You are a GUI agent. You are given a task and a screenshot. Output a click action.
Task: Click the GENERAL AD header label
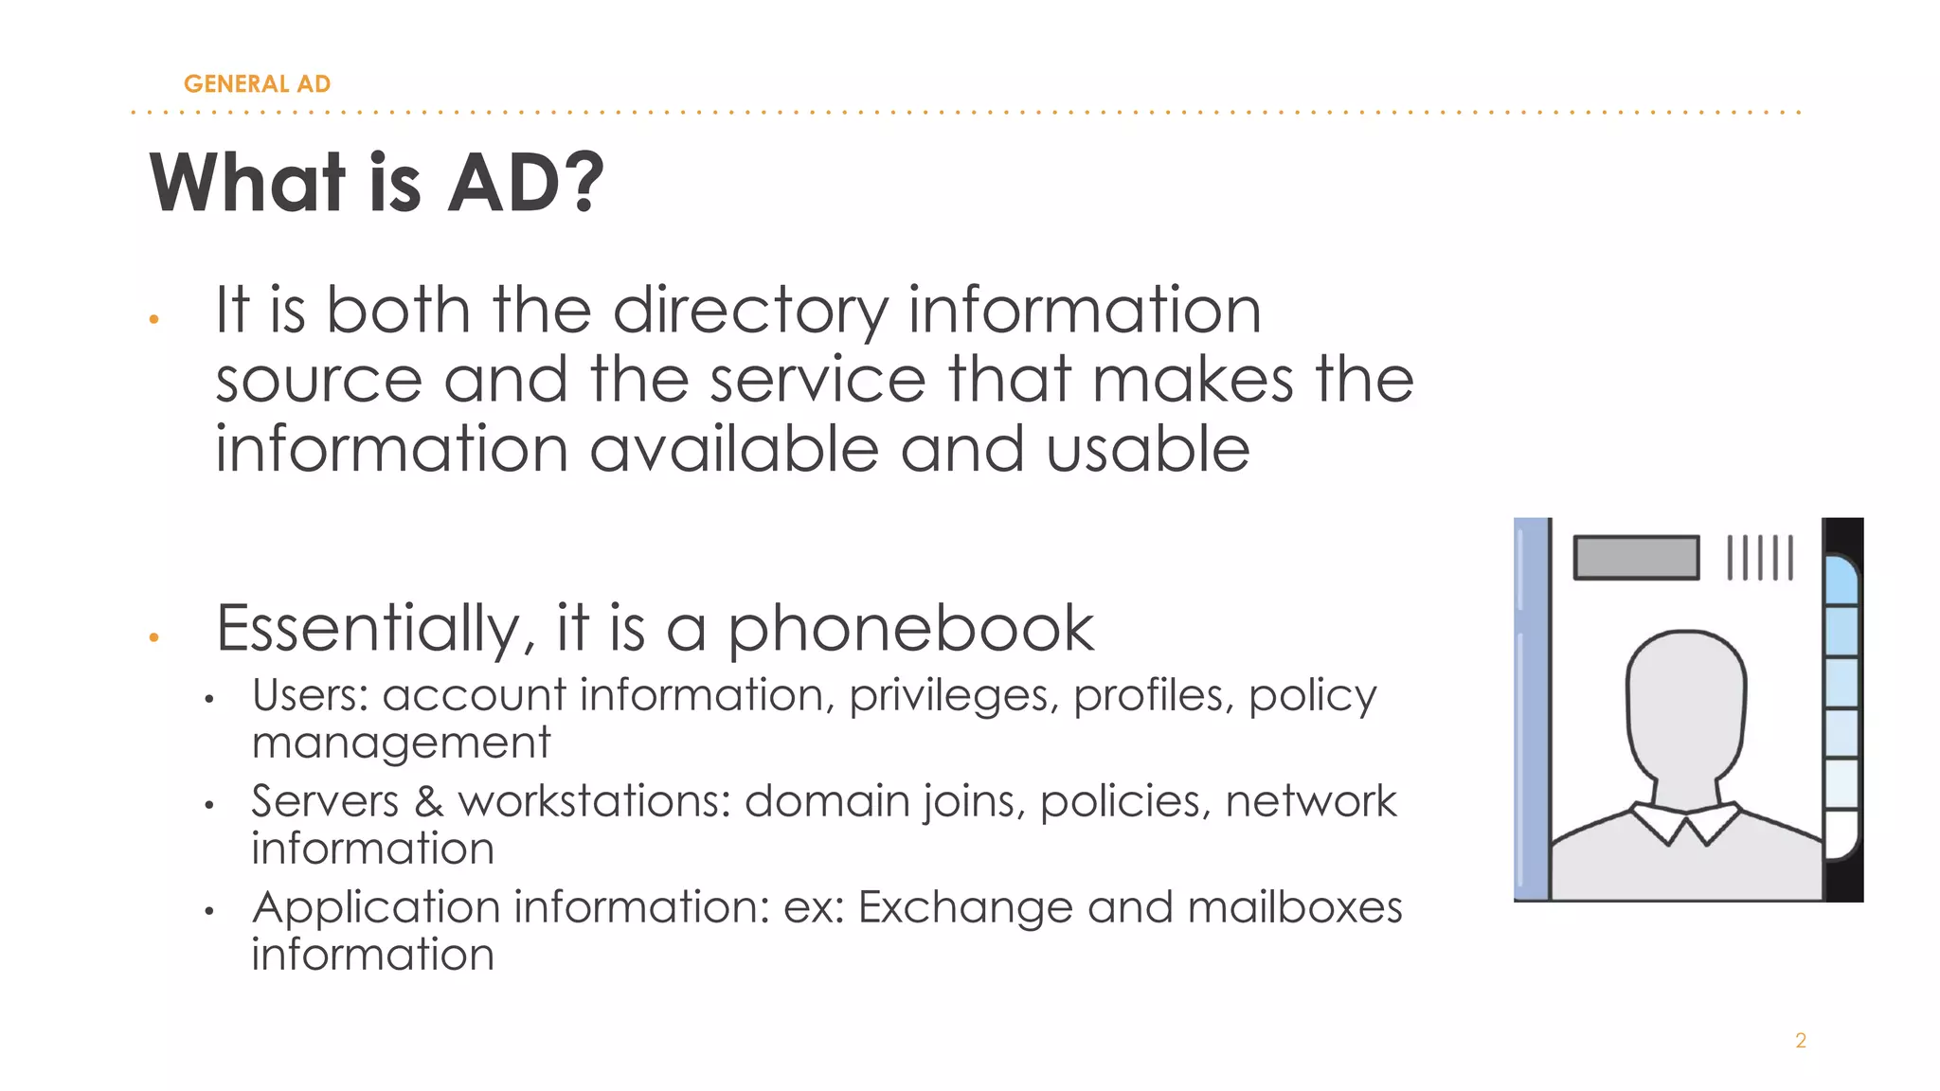click(257, 84)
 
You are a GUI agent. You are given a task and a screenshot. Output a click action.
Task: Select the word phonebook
click(910, 629)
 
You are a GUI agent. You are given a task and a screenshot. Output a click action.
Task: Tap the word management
click(401, 743)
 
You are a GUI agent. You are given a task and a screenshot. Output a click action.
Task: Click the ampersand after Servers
click(428, 802)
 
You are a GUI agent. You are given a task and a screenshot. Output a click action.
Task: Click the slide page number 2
click(1800, 1041)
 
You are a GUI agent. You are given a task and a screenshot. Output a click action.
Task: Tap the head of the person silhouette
click(1686, 701)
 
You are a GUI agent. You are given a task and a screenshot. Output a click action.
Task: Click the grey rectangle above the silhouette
click(1636, 557)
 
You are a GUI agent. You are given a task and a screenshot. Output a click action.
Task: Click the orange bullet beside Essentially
click(153, 637)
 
